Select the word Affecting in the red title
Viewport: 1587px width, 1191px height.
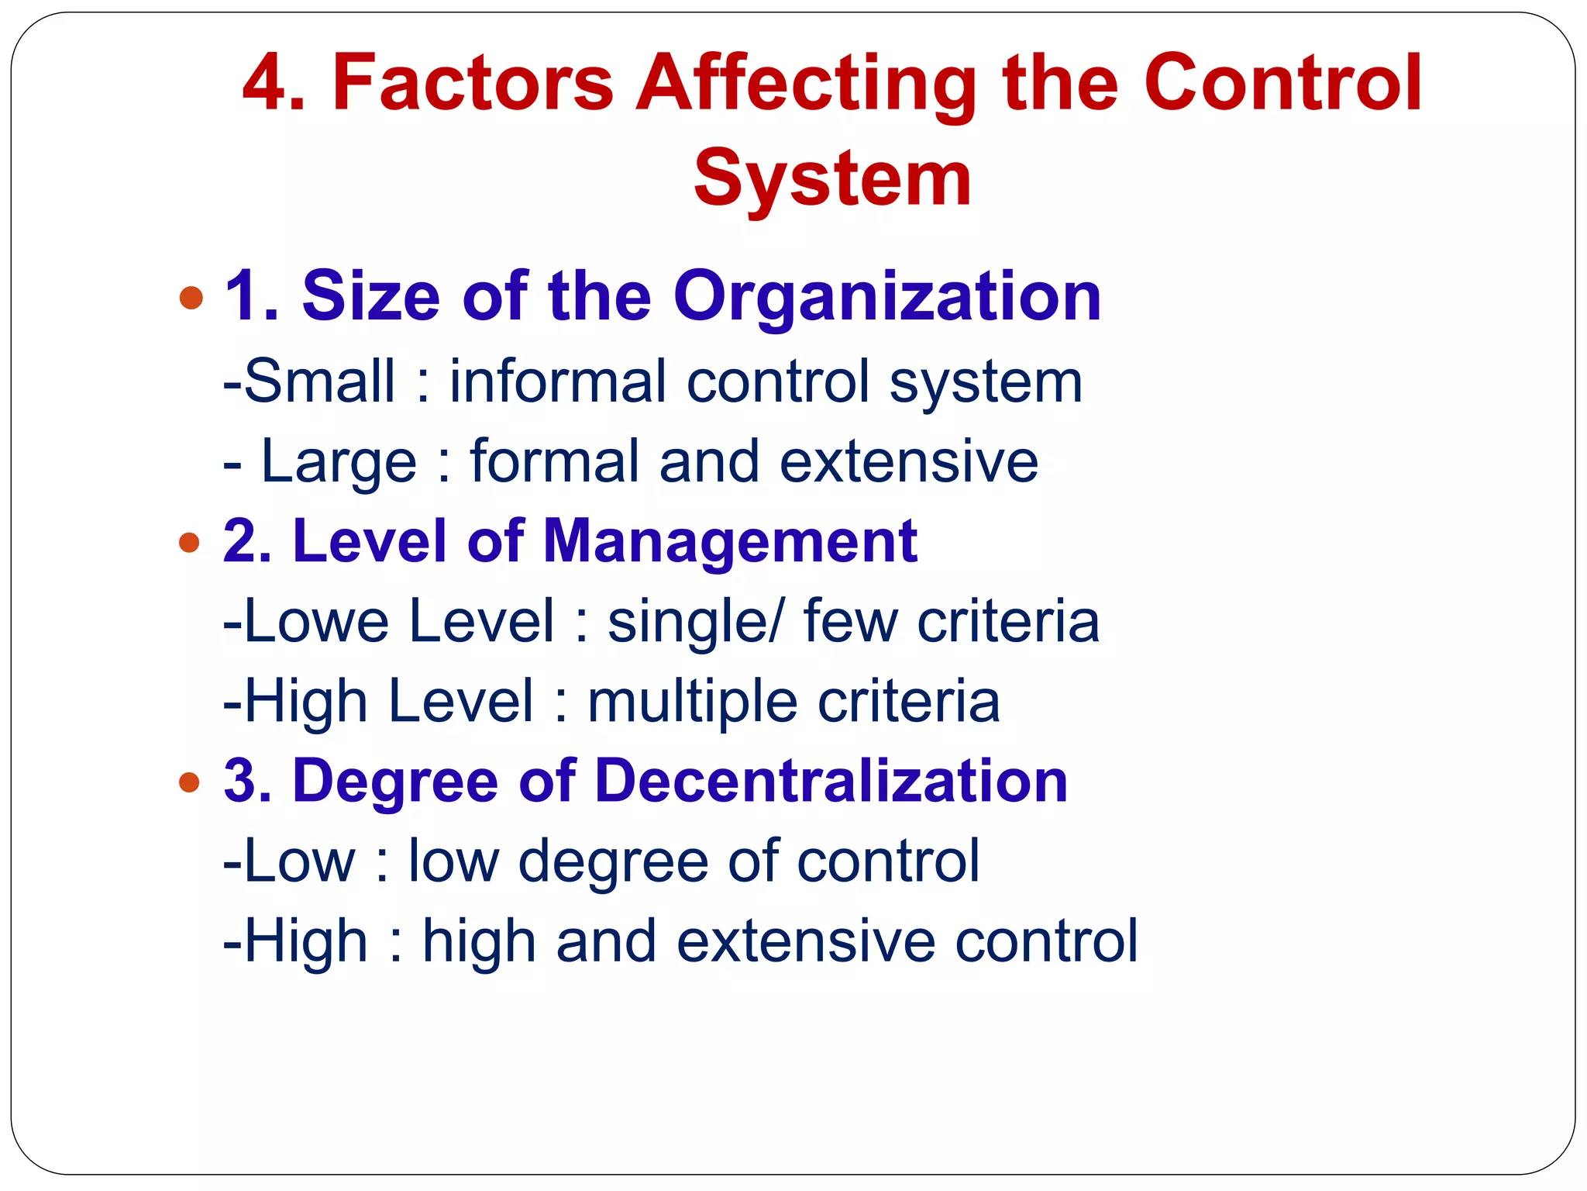806,84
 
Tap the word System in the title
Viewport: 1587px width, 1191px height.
832,178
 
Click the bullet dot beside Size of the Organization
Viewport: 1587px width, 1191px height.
191,297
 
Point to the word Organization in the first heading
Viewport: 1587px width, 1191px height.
887,297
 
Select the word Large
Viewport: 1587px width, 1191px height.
339,462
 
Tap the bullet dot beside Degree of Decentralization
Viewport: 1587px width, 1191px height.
189,782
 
